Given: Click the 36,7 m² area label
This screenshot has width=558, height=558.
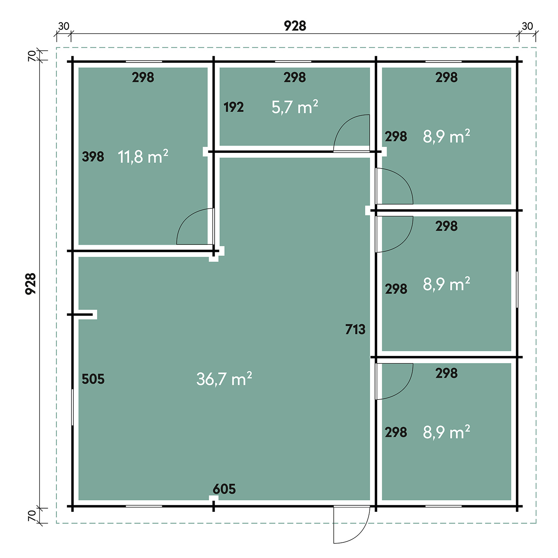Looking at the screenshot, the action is pyautogui.click(x=224, y=379).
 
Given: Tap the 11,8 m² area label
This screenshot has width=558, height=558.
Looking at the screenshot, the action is pyautogui.click(x=143, y=157).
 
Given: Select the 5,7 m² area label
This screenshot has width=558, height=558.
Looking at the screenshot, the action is pyautogui.click(x=295, y=107).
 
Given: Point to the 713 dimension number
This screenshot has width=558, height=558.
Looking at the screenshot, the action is pyautogui.click(x=355, y=329).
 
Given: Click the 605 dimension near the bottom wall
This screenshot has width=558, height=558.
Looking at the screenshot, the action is pyautogui.click(x=224, y=489).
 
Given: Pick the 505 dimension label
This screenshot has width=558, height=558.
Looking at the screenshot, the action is pyautogui.click(x=93, y=379).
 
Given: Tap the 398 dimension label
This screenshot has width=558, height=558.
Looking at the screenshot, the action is pyautogui.click(x=93, y=157).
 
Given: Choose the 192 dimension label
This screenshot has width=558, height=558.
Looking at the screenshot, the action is pyautogui.click(x=234, y=107).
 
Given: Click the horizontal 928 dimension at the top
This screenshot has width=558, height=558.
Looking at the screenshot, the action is pyautogui.click(x=295, y=26).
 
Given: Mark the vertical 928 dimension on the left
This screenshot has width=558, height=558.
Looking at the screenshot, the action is pyautogui.click(x=31, y=284).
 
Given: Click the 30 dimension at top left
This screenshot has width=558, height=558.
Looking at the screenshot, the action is pyautogui.click(x=64, y=26).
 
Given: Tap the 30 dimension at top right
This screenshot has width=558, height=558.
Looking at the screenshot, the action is pyautogui.click(x=527, y=26).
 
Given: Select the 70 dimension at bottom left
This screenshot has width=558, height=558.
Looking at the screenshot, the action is pyautogui.click(x=32, y=516).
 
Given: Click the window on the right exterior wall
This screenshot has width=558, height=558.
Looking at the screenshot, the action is pyautogui.click(x=517, y=289).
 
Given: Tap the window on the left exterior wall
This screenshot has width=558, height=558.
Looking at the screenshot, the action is pyautogui.click(x=72, y=407).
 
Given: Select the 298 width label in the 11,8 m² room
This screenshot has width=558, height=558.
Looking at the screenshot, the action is pyautogui.click(x=143, y=77).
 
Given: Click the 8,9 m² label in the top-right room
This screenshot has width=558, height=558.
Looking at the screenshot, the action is pyautogui.click(x=446, y=137).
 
